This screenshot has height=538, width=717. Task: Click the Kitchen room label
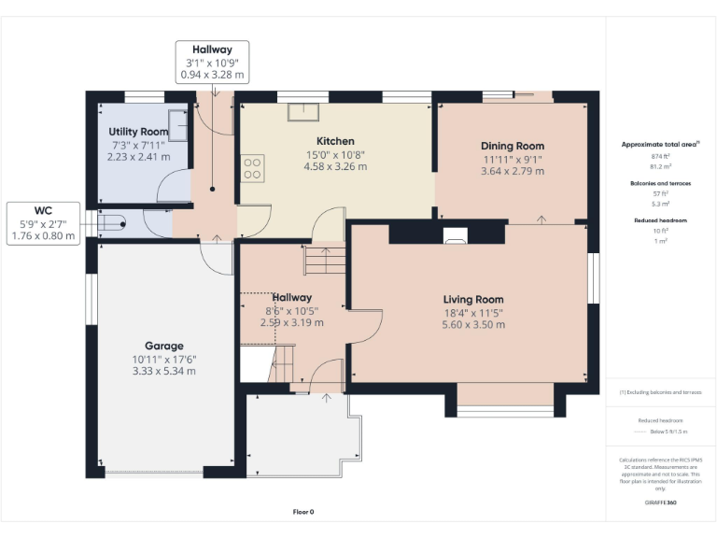click(335, 141)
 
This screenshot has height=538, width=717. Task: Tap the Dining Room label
click(513, 146)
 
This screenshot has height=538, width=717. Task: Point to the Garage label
click(163, 346)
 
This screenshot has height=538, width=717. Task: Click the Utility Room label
click(138, 132)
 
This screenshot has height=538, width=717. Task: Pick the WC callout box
click(43, 223)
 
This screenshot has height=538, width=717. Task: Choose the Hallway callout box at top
click(213, 61)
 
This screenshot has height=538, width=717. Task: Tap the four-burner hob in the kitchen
click(252, 167)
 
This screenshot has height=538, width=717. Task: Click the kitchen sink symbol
click(302, 112)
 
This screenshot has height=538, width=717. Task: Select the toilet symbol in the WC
click(111, 222)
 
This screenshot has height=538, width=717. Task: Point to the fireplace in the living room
click(455, 235)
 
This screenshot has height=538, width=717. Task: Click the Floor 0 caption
click(303, 512)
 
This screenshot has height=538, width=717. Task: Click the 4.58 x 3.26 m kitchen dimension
click(335, 166)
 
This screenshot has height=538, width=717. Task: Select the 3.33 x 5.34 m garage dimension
click(163, 371)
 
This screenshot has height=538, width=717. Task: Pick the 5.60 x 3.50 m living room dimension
click(473, 324)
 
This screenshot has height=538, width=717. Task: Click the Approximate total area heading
click(659, 145)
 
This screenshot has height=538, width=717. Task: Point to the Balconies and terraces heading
click(659, 184)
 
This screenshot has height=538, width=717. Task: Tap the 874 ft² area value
click(659, 156)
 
